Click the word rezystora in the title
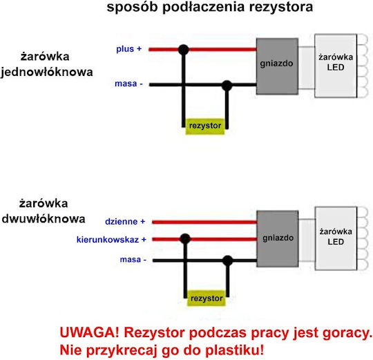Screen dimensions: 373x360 click(281, 7)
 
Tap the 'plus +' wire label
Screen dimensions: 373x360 click(128, 49)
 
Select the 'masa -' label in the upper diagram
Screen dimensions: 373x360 click(128, 84)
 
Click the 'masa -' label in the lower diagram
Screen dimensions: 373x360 click(133, 259)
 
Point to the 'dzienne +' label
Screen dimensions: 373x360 click(125, 222)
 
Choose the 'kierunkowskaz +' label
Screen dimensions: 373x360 click(111, 240)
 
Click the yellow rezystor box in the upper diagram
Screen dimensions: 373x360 click(205, 126)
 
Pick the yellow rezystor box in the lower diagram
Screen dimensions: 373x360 click(207, 299)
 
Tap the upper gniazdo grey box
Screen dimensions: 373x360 click(277, 66)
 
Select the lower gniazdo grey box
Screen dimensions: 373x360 click(278, 238)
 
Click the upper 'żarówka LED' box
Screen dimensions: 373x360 click(336, 66)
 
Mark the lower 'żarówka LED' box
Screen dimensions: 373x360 click(336, 238)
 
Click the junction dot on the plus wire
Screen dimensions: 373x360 click(184, 50)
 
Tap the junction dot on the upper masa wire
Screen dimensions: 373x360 click(227, 86)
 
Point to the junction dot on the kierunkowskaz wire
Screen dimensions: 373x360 click(185, 239)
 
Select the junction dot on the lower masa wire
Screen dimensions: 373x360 click(228, 260)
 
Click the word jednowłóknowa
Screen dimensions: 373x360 click(47, 72)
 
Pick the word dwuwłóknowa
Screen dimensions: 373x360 click(44, 219)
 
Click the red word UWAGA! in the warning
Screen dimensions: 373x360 click(89, 332)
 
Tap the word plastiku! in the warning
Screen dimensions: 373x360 click(235, 350)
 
